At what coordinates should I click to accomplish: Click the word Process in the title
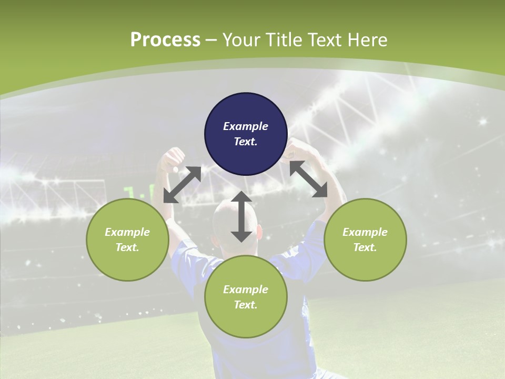(165, 40)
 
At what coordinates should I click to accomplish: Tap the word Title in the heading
(282, 40)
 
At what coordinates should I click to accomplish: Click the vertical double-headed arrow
(241, 216)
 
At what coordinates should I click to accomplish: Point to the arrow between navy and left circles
(182, 184)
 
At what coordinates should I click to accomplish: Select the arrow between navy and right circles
(309, 179)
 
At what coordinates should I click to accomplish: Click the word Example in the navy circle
(246, 126)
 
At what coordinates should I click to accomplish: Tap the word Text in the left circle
(127, 247)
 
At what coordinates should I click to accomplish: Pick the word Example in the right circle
(365, 232)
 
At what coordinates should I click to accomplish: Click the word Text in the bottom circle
(246, 305)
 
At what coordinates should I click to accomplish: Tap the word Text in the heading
(325, 40)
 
